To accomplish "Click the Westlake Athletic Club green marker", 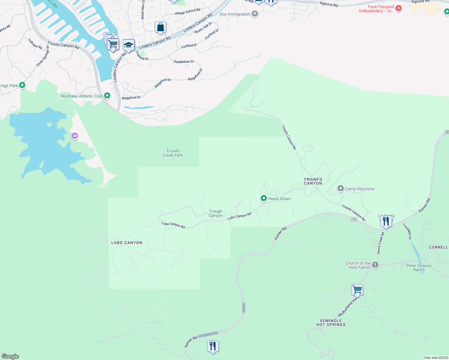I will point(107,96).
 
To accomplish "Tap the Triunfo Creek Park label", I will point(173,153).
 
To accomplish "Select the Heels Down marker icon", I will point(264,198).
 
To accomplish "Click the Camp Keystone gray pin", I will point(340,188).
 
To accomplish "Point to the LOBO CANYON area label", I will point(127,243).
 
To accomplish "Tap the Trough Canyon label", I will point(215,213).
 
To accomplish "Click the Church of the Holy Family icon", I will point(375,265).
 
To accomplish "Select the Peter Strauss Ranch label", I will point(419,268).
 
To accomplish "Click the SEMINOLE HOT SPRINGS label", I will point(331,322).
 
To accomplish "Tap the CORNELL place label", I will point(438,247).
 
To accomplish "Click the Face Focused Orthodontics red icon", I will point(399,8).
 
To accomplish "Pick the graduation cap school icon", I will point(128,45).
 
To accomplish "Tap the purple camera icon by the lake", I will point(75,136).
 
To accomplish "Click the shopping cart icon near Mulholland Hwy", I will point(357,290).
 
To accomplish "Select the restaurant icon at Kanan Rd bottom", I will point(213,346).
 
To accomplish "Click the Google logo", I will point(10,356).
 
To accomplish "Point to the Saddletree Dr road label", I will point(184,61).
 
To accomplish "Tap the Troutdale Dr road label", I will point(407,231).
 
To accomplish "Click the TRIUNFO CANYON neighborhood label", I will point(313,181).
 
